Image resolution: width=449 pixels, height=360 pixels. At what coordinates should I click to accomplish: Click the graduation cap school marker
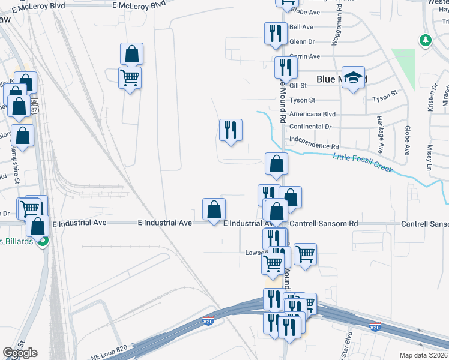pos(354,78)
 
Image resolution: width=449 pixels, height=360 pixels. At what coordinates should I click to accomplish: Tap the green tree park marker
pos(426,40)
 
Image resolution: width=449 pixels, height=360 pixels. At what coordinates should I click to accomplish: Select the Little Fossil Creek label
pos(363,163)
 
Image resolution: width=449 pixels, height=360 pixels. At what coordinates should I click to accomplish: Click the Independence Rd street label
pos(314,146)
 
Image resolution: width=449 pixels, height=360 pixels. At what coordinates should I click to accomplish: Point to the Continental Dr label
pos(310,127)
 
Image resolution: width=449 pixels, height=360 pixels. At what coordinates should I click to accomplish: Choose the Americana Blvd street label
pos(312,114)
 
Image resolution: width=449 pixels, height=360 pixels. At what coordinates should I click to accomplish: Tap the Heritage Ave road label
pos(381,136)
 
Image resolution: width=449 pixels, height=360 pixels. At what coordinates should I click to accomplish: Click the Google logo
pos(20,353)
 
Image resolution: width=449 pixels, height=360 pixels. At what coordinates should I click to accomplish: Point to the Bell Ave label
pos(301,27)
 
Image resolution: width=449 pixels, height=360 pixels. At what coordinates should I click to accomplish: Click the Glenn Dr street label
pos(302,41)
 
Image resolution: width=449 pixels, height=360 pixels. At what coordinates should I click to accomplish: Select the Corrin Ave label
pos(305,56)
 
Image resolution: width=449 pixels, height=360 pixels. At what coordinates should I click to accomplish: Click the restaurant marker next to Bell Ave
pos(276,33)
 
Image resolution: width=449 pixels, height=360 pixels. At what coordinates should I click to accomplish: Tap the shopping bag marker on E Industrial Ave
pos(214,209)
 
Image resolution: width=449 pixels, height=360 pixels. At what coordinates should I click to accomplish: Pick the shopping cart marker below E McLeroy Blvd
pos(130,77)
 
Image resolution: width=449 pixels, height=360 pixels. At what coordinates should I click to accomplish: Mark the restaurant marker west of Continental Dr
pos(231,130)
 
